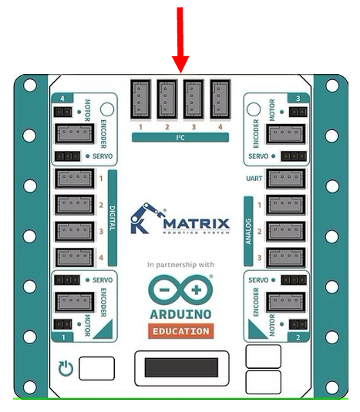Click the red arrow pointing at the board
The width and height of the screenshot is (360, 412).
click(180, 39)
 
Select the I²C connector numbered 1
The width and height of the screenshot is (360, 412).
click(141, 99)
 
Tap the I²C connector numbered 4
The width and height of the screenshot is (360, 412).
click(220, 99)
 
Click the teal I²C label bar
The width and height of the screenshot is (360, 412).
click(180, 137)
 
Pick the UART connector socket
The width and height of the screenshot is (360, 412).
click(286, 179)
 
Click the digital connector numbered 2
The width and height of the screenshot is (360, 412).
click(75, 205)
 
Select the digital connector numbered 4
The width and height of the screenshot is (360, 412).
click(75, 258)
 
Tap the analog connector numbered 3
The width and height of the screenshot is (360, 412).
click(286, 258)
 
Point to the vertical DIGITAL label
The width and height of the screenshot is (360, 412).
click(113, 218)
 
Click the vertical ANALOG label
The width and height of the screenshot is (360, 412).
click(248, 231)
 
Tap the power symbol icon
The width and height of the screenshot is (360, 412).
click(66, 368)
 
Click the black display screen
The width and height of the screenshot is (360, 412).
click(181, 367)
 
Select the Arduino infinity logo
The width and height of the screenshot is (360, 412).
click(180, 290)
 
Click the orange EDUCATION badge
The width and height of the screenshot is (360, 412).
click(181, 331)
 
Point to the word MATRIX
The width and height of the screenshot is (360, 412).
click(197, 224)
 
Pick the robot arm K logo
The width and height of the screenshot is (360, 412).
click(146, 219)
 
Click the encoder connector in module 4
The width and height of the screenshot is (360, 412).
click(75, 134)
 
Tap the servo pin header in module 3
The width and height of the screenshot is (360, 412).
click(294, 156)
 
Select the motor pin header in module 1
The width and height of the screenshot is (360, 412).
click(63, 324)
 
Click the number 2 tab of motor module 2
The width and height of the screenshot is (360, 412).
click(298, 337)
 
